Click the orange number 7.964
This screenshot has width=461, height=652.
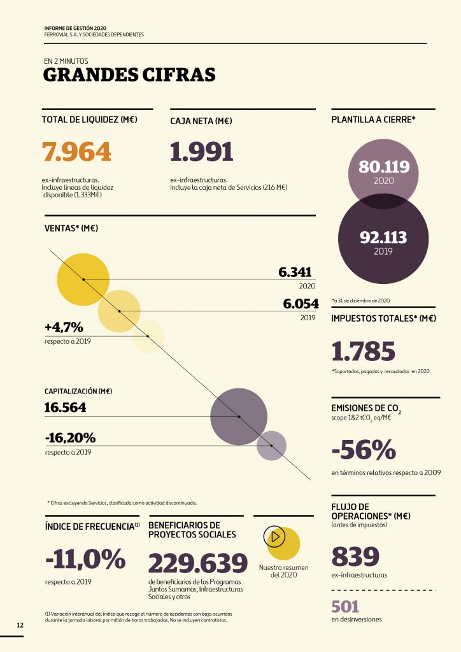76,152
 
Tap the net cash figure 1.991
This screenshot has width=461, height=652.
202,152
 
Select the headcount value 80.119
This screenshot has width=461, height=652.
384,167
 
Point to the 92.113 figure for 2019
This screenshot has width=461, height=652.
383,237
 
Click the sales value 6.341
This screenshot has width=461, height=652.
297,273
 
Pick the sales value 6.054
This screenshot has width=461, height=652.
301,304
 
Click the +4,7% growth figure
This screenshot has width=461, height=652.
64,327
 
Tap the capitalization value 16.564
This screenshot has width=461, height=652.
66,407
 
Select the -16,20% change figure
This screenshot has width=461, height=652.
70,438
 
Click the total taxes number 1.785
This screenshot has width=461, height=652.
364,351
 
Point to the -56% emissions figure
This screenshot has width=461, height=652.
364,450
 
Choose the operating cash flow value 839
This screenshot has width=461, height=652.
355,556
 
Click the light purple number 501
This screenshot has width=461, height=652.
345,607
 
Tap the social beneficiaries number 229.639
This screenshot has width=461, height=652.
197,563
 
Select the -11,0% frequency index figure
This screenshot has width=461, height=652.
85,560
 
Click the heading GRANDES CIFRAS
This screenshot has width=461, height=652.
129,75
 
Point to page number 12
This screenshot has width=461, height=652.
20,625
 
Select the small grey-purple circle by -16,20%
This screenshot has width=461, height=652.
271,446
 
